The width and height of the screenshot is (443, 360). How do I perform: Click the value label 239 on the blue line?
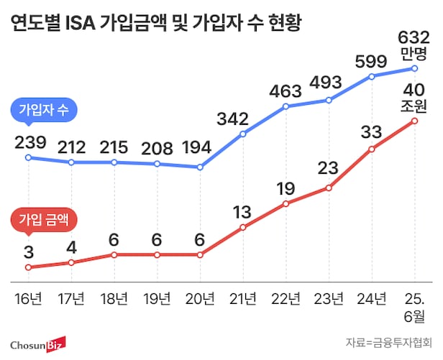click(x=29, y=142)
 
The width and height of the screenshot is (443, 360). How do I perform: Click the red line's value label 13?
click(x=242, y=211)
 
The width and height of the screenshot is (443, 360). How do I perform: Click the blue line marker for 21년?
click(x=243, y=134)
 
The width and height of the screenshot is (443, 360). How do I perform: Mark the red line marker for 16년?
click(x=28, y=267)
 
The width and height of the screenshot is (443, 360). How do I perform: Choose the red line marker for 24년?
click(x=372, y=149)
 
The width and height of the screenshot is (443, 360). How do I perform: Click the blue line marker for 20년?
click(x=200, y=167)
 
